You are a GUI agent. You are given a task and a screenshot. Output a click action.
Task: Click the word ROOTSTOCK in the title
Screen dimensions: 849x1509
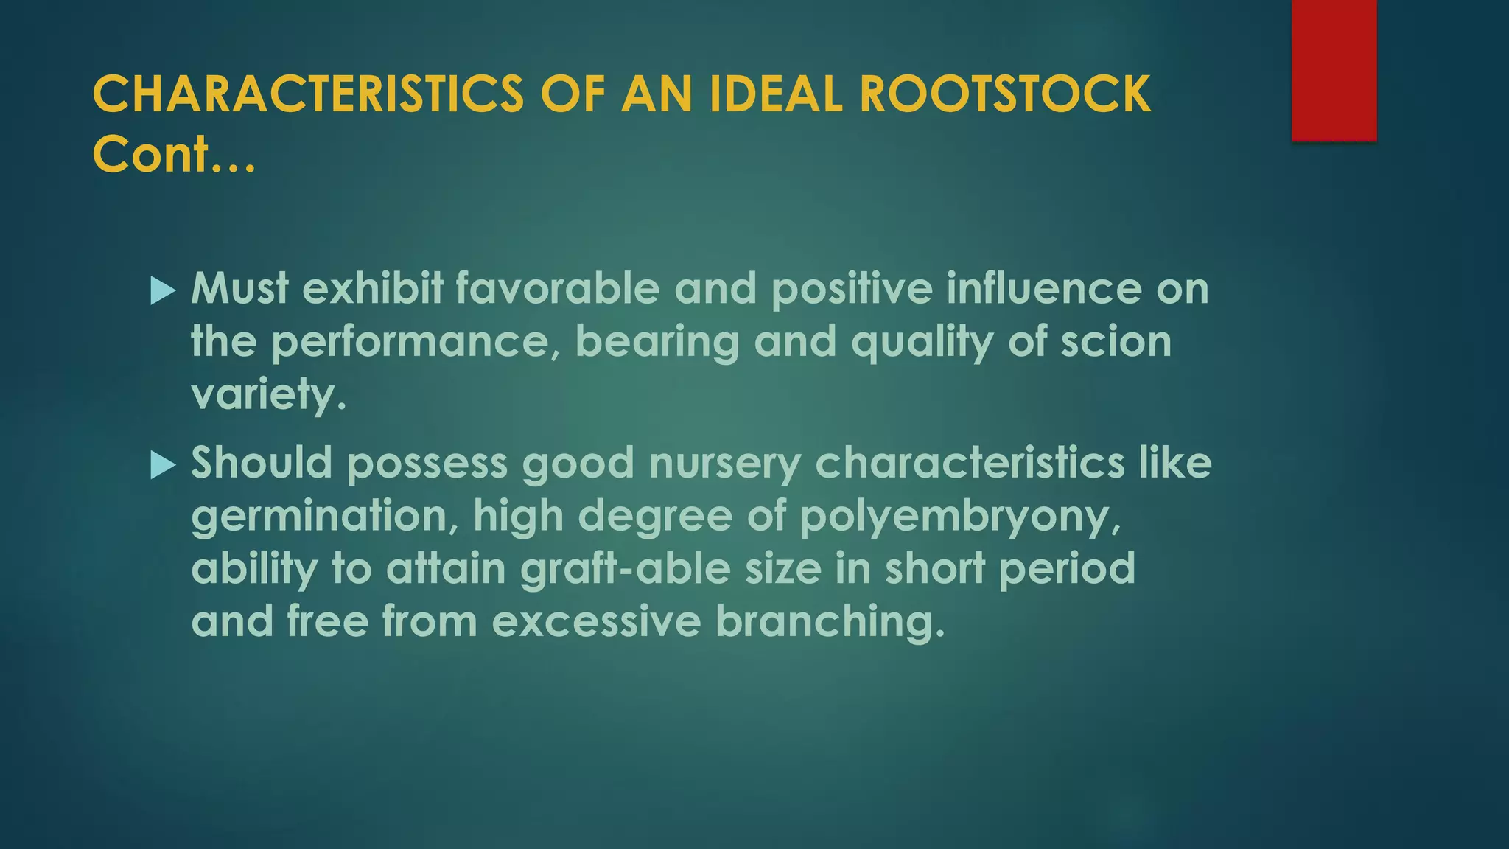1004,94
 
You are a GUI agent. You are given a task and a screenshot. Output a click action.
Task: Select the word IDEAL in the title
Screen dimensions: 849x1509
775,94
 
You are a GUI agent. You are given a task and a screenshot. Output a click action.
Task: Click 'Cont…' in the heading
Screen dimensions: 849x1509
174,155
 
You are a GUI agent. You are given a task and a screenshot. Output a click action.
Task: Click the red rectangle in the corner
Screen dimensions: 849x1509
1334,70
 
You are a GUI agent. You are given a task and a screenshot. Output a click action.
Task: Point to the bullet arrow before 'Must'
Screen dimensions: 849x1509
163,291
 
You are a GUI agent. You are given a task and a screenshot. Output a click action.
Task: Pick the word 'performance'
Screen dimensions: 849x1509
415,342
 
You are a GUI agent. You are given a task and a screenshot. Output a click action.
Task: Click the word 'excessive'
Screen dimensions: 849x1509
596,621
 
